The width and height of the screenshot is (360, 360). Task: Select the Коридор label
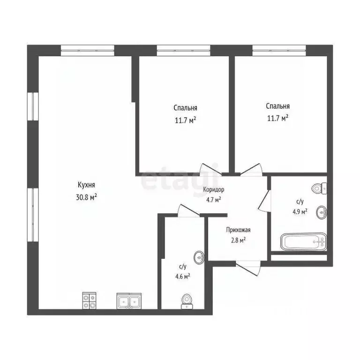(x=214, y=190)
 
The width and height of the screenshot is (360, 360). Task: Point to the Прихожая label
(x=238, y=230)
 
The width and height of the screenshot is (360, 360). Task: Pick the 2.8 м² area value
(x=238, y=240)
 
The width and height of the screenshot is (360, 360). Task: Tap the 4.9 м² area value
(x=299, y=211)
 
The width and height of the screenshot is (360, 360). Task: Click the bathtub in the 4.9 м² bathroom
(x=303, y=242)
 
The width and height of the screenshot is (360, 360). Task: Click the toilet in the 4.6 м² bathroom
(x=187, y=301)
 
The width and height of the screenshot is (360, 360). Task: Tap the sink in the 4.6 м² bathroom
(x=200, y=257)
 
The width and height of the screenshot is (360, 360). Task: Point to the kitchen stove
(x=90, y=300)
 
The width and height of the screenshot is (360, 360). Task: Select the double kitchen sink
(x=129, y=301)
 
